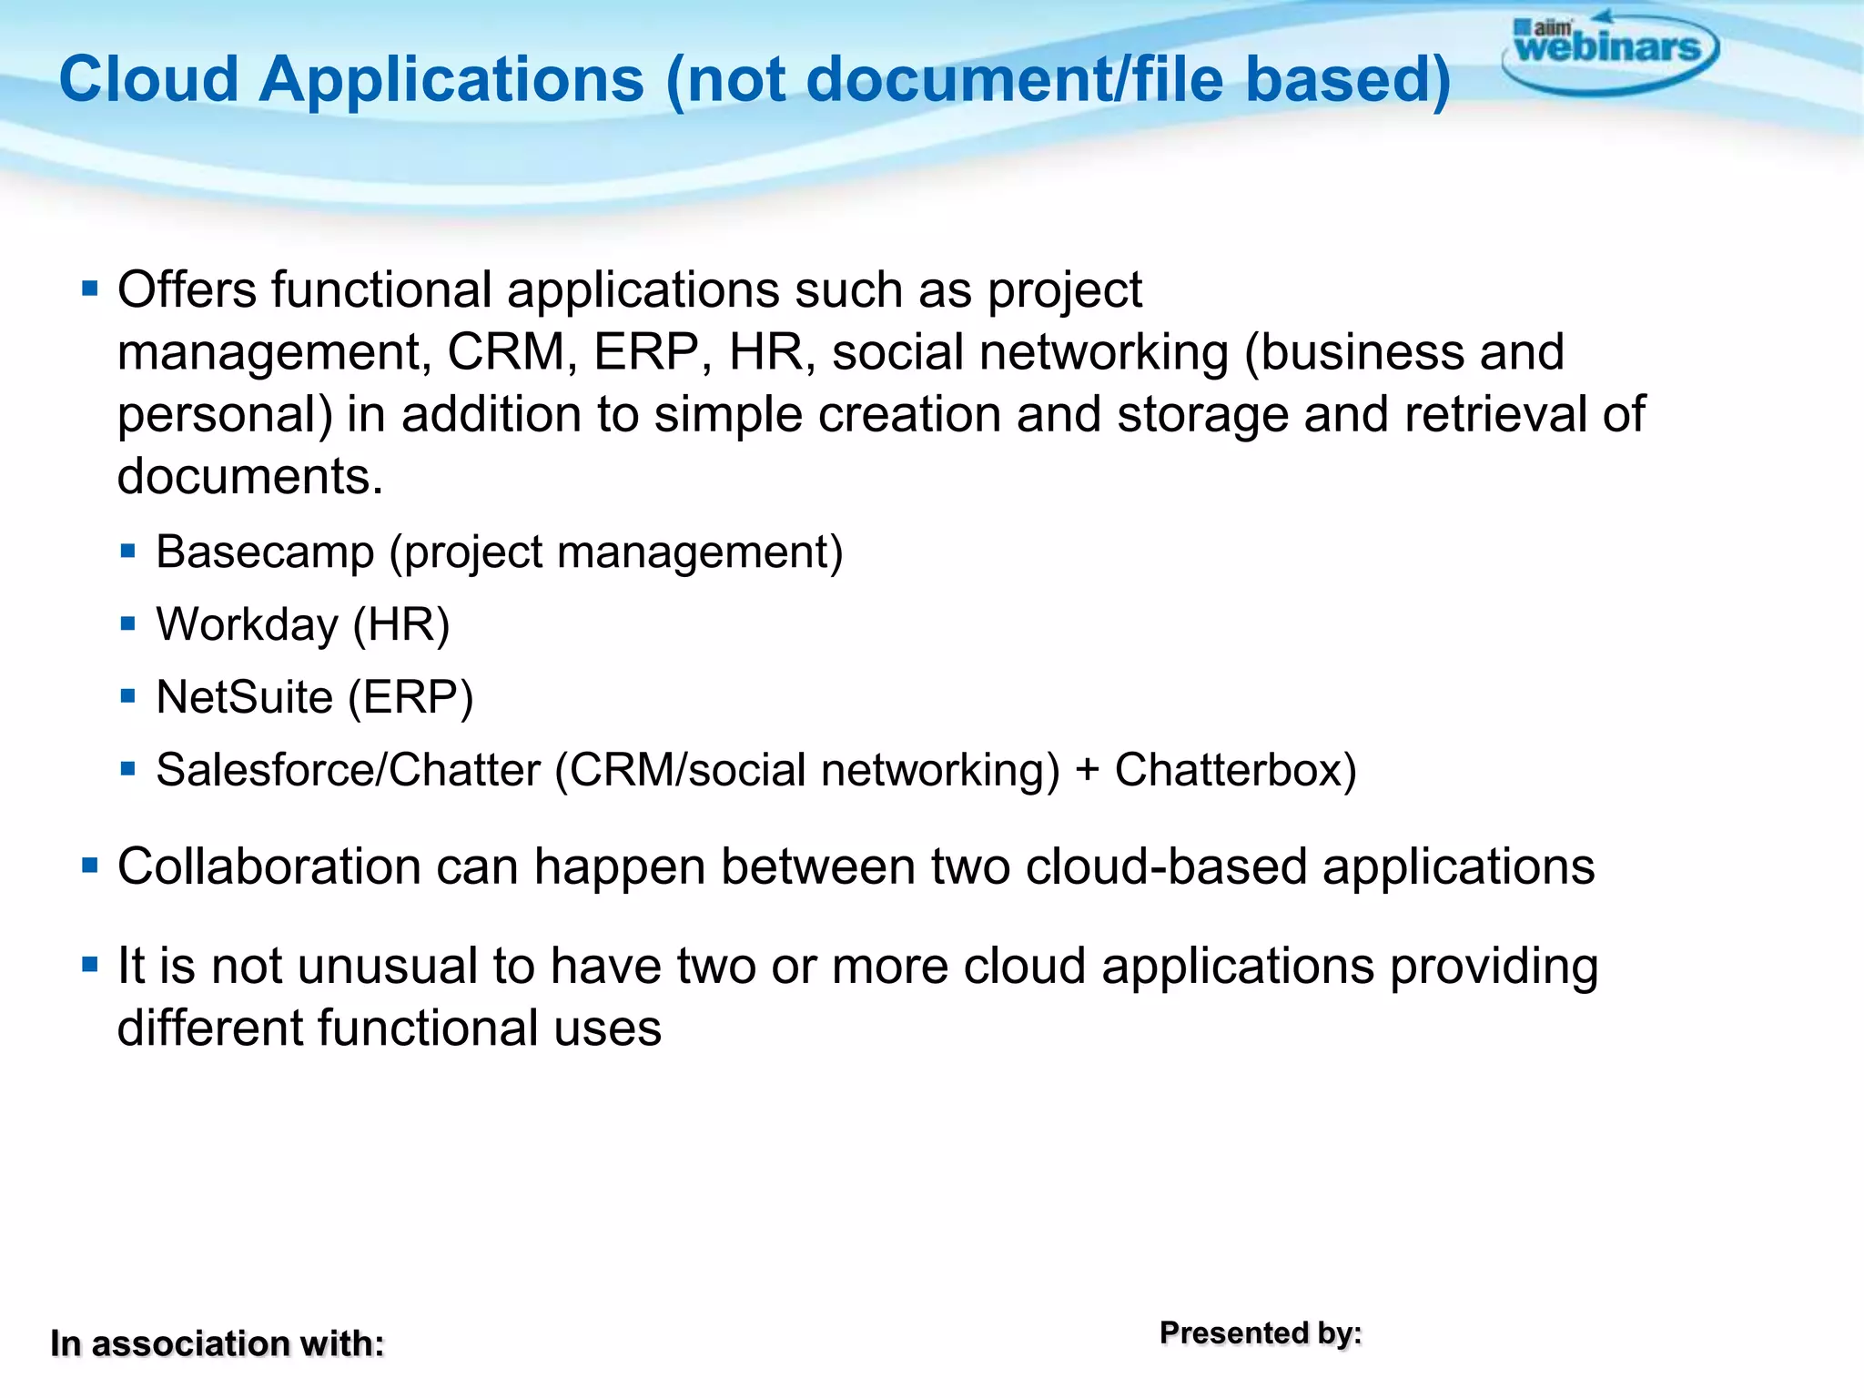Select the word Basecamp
265,552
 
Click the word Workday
247,624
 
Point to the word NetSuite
244,697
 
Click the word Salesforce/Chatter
348,770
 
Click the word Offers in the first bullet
187,290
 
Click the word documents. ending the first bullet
249,476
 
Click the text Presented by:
1261,1333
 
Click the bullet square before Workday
127,624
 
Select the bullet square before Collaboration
89,865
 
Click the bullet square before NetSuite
127,697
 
